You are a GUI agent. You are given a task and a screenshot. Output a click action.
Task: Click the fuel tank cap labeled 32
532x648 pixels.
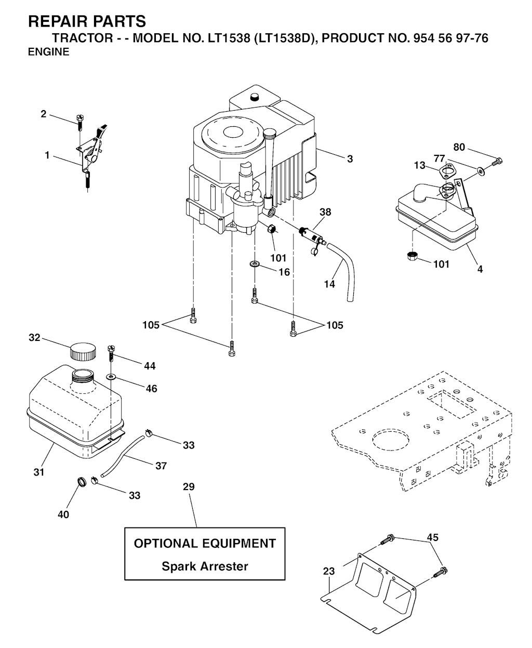point(83,352)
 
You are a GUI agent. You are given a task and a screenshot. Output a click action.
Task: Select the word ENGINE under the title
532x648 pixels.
point(48,52)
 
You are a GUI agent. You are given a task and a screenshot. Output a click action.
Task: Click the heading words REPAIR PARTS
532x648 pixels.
point(87,22)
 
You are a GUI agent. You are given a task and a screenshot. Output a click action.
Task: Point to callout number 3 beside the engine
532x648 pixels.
point(350,159)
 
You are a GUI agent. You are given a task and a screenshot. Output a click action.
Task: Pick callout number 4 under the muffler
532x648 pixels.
point(480,269)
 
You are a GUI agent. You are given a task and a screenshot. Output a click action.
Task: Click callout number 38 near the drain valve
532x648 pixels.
point(325,212)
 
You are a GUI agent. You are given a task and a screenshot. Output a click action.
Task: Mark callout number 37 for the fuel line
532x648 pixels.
point(161,466)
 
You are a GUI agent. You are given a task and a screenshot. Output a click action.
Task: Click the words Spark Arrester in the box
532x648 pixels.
point(205,566)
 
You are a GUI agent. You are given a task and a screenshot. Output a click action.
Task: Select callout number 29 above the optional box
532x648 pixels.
point(189,486)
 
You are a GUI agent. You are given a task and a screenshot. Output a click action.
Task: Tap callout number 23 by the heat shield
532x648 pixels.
point(328,571)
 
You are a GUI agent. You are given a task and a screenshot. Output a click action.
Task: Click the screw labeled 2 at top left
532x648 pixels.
point(79,121)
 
